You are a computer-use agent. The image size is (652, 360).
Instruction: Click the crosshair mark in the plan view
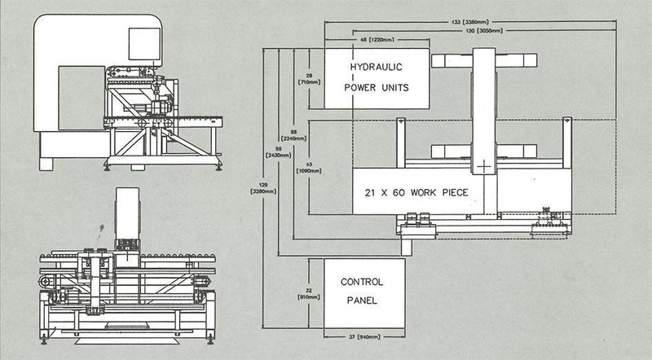click(487, 166)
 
